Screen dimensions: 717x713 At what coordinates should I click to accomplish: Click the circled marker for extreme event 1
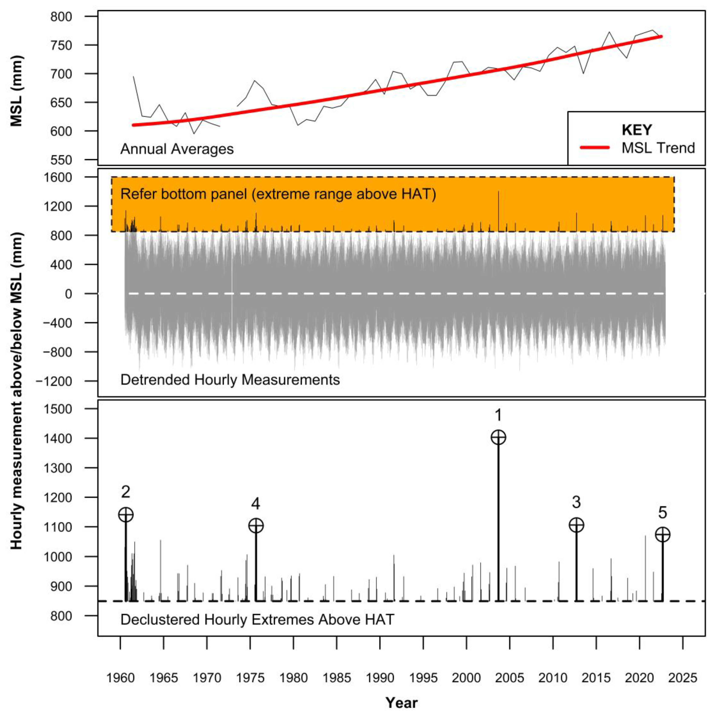coord(498,437)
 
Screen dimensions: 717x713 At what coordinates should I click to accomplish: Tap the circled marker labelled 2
coord(126,515)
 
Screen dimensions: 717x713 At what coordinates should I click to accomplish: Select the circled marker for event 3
coord(576,525)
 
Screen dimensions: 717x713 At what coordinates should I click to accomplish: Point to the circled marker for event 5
coord(663,535)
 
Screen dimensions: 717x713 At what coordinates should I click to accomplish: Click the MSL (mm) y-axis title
coord(16,91)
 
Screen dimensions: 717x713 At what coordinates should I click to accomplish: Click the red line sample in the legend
coord(595,148)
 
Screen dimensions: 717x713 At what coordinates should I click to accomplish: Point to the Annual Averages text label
coord(177,149)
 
